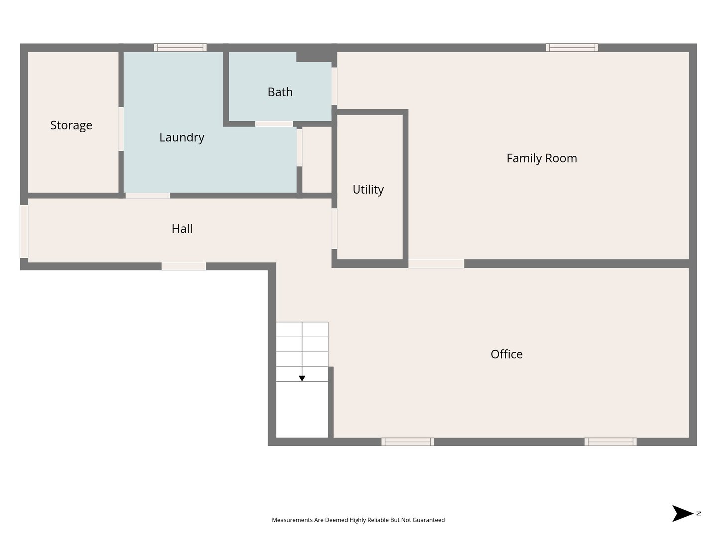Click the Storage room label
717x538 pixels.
pyautogui.click(x=71, y=125)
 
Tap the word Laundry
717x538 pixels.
pyautogui.click(x=182, y=137)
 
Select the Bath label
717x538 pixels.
pyautogui.click(x=280, y=92)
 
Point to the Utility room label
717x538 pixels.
pyautogui.click(x=368, y=189)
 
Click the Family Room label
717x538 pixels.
pyautogui.click(x=542, y=158)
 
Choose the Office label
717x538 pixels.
pyautogui.click(x=507, y=354)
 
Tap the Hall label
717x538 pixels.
pyautogui.click(x=182, y=229)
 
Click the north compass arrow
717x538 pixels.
pyautogui.click(x=682, y=514)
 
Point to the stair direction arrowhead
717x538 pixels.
pyautogui.click(x=302, y=378)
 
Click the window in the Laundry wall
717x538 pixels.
pyautogui.click(x=180, y=48)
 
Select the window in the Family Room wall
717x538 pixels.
pyautogui.click(x=572, y=48)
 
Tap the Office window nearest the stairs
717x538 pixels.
pyautogui.click(x=408, y=442)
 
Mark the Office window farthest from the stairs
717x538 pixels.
pyautogui.click(x=610, y=442)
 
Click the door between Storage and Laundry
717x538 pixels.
pyautogui.click(x=121, y=129)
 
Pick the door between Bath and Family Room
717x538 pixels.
pyautogui.click(x=334, y=86)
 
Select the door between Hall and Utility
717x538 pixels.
pyautogui.click(x=334, y=229)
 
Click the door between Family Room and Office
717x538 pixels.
pyautogui.click(x=436, y=264)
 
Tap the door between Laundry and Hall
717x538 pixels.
pyautogui.click(x=148, y=196)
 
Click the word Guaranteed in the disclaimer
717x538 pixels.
pyautogui.click(x=428, y=520)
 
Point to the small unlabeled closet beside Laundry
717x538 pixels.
pyautogui.click(x=317, y=160)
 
